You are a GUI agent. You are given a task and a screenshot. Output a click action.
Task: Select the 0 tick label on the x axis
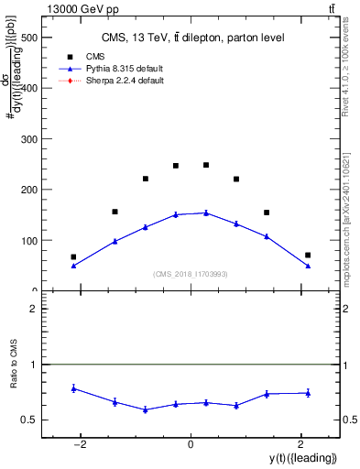pyautogui.click(x=191, y=445)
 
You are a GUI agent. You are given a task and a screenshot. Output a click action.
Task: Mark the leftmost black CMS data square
pyautogui.click(x=73, y=257)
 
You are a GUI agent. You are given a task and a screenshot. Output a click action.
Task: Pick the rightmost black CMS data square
pyautogui.click(x=308, y=255)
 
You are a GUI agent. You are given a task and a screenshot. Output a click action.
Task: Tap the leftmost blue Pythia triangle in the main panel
pyautogui.click(x=73, y=266)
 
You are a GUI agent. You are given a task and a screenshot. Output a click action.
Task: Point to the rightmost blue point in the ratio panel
pyautogui.click(x=308, y=393)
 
